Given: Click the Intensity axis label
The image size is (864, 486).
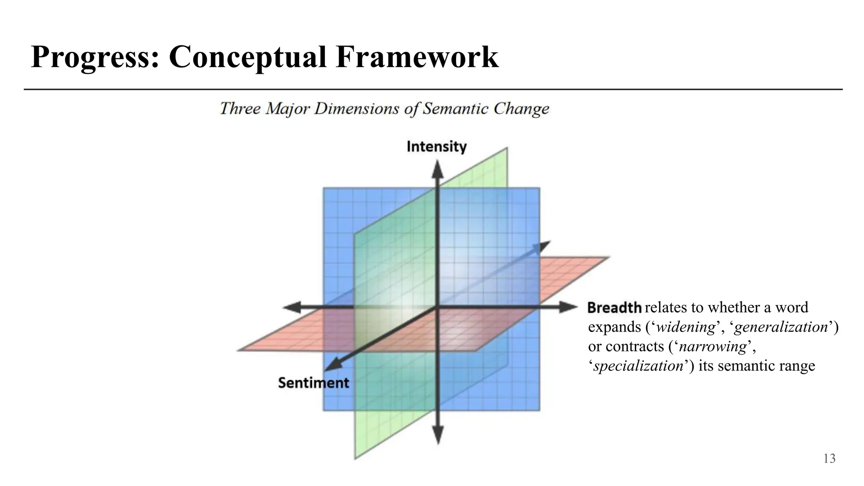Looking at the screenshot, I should point(437,147).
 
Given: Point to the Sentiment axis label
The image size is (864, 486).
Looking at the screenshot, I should point(313,383).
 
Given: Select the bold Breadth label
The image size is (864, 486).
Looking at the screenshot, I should point(614,308).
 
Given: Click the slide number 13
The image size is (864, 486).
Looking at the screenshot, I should point(829,459).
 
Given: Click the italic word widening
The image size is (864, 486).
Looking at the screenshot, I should point(686,327).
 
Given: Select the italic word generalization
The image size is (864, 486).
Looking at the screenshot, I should point(780,327).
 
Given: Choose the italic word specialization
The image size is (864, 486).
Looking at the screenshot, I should point(638,366).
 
